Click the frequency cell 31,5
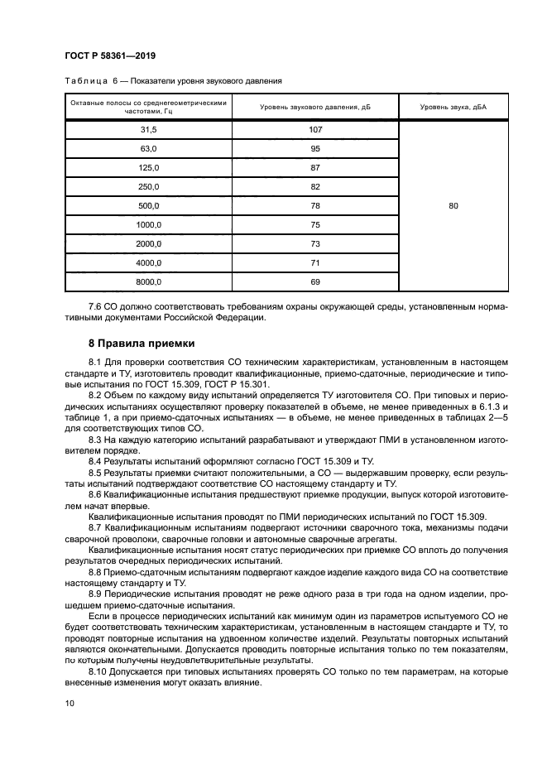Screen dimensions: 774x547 coord(149,130)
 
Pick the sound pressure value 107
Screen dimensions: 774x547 coord(314,130)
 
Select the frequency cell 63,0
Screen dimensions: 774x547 coord(149,149)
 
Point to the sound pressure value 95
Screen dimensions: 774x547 coord(314,149)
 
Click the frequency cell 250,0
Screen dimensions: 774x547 coord(149,187)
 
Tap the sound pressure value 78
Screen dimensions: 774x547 coord(314,206)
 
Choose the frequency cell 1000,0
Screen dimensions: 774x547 coord(149,225)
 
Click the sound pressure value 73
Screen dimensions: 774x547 coord(314,244)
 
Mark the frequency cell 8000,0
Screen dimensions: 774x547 coord(149,282)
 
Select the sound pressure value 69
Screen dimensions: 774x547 coord(314,282)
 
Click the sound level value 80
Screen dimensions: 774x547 coord(453,206)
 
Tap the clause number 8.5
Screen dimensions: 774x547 coord(96,473)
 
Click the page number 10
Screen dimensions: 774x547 coord(70,704)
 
